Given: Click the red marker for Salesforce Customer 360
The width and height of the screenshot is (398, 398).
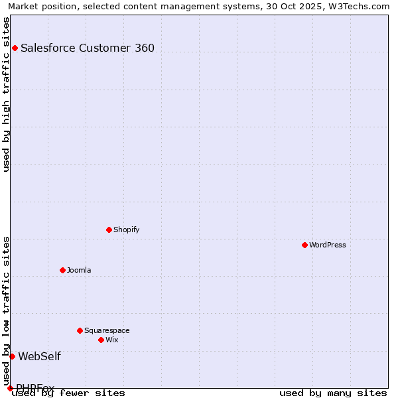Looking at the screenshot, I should [15, 48].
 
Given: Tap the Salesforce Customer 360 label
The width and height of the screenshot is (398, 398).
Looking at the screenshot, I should [88, 48].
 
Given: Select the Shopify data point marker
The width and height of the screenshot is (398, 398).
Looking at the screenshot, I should [109, 230].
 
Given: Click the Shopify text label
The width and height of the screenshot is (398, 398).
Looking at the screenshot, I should [126, 230].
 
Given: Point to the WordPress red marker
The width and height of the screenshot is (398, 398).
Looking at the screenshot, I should [304, 245].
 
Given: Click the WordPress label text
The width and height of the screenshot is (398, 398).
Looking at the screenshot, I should [328, 245].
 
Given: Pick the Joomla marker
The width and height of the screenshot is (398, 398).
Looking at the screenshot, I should [62, 270].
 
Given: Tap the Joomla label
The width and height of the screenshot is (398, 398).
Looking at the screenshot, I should [79, 270].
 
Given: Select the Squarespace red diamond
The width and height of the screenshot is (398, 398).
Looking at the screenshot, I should [80, 330].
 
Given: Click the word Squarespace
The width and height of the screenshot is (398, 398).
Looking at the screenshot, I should [107, 330].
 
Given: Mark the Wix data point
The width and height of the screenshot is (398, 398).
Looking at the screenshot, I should [101, 340].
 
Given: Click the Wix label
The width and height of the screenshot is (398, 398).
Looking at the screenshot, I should [112, 340].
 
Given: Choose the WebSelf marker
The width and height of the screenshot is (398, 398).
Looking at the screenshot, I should [12, 356].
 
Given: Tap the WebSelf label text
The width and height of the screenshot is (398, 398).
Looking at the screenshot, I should [39, 356].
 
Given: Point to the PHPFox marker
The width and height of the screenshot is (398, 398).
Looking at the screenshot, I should [10, 388].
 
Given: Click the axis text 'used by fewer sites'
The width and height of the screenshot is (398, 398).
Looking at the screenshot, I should [69, 393].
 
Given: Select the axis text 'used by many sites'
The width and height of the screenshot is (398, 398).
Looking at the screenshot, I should [333, 393].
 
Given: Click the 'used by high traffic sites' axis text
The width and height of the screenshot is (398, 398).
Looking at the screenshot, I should [6, 94].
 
